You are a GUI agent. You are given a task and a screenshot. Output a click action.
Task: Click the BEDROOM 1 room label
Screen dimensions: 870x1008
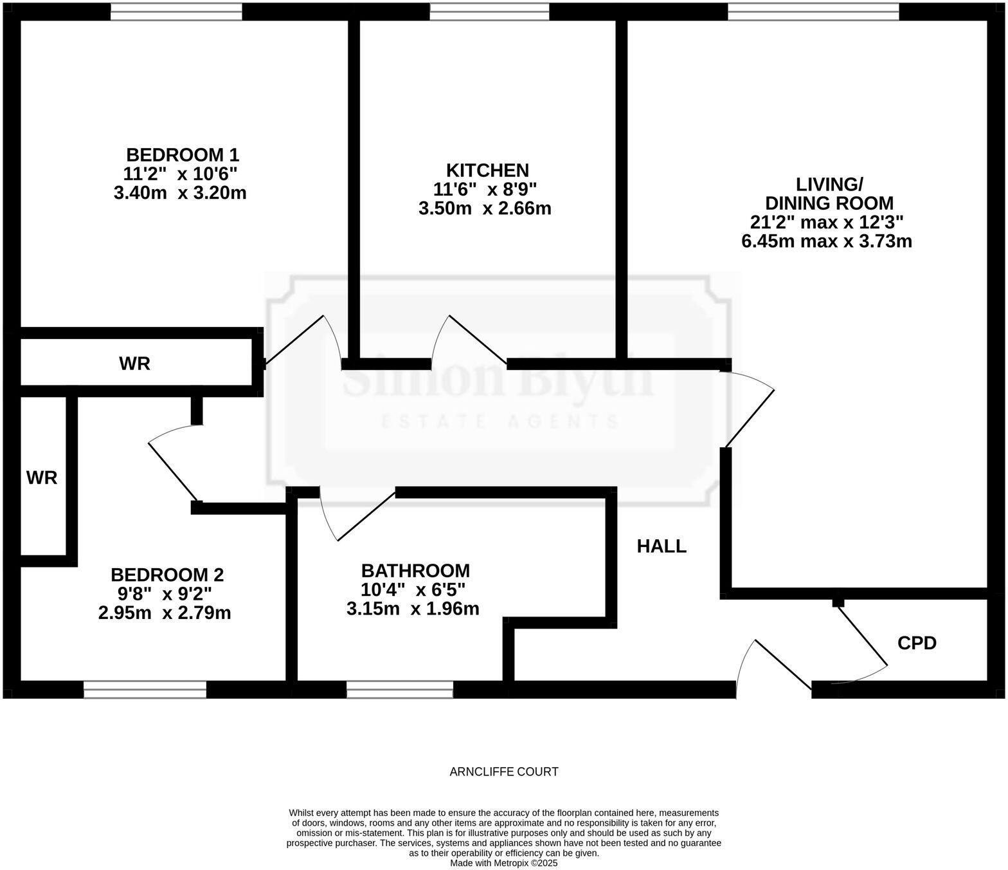[183, 155]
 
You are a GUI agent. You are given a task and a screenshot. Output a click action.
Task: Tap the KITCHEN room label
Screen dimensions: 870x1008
[487, 171]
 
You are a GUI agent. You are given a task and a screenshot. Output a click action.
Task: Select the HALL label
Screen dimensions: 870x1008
[661, 546]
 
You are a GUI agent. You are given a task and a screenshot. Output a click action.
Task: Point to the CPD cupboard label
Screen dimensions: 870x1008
[917, 643]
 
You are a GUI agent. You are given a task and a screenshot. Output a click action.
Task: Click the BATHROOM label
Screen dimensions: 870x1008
[415, 571]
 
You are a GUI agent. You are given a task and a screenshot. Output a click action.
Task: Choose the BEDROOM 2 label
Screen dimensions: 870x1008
[167, 575]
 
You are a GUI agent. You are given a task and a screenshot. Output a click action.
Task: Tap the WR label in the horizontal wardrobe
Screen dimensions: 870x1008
[134, 364]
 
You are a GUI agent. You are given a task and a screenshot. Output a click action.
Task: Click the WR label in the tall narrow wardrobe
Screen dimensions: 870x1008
[42, 477]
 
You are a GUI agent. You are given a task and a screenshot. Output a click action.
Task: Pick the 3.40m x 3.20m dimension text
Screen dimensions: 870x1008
[180, 193]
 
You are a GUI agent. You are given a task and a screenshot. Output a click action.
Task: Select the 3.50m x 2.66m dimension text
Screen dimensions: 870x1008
[485, 208]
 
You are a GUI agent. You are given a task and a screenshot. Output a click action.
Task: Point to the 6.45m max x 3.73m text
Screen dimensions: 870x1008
[827, 241]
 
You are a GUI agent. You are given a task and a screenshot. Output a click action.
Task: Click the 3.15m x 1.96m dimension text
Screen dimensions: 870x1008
[413, 609]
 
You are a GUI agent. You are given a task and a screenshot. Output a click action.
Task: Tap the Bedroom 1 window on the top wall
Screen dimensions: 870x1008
[176, 12]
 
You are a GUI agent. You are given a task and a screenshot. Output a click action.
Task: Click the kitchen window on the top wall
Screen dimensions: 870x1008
[489, 12]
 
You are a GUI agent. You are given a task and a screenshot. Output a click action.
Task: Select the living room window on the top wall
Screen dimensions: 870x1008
[813, 12]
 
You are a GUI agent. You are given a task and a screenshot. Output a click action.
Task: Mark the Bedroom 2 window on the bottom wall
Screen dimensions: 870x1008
[145, 690]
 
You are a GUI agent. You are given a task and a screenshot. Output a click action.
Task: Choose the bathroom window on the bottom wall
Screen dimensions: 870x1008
[400, 690]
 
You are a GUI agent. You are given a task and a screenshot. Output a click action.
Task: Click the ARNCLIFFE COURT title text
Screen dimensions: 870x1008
[504, 772]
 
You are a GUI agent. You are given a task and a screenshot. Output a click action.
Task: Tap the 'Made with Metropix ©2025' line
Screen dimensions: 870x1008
[504, 863]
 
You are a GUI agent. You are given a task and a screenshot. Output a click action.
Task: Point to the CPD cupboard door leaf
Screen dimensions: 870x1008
[861, 634]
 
